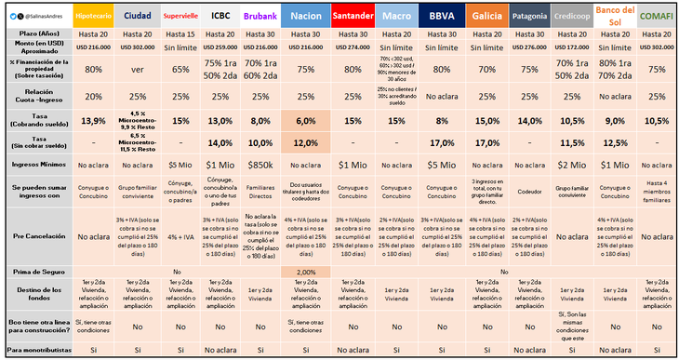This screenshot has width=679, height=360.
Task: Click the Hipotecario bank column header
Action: (x=94, y=16)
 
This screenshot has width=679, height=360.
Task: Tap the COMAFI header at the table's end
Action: (x=656, y=16)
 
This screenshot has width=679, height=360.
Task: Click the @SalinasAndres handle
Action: (x=41, y=16)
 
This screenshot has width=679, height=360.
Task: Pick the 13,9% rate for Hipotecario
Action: (x=94, y=121)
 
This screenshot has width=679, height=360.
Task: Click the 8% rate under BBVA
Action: (x=442, y=121)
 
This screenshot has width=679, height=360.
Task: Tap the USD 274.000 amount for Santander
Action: (x=352, y=46)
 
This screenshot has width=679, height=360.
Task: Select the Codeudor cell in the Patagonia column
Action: (x=528, y=192)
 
